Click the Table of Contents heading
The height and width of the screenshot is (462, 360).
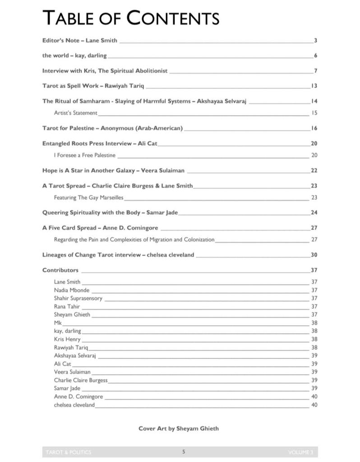tap(131, 18)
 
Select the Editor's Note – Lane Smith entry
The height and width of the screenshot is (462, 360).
tap(80, 41)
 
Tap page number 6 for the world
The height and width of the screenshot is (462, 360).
tap(316, 56)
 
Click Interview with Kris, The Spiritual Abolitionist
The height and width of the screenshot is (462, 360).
tap(105, 71)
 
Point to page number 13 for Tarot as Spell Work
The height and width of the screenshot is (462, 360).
tap(314, 86)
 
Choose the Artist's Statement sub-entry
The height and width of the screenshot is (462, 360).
tap(75, 113)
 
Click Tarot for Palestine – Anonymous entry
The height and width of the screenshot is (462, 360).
tap(112, 128)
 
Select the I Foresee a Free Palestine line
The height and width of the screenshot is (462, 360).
tap(85, 155)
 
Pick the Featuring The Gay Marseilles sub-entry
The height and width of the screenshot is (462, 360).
tap(88, 198)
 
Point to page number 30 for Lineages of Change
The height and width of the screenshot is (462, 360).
tap(314, 255)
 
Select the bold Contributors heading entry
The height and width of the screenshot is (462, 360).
tap(60, 270)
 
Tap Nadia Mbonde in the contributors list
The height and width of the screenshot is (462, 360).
tap(72, 290)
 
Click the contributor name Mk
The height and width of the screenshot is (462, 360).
tap(57, 323)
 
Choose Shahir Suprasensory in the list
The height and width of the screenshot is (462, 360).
tap(78, 299)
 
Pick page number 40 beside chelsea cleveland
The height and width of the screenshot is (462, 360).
tap(314, 405)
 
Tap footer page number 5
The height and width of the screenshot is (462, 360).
tap(184, 452)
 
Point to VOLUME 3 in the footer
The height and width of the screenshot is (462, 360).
tap(300, 452)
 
